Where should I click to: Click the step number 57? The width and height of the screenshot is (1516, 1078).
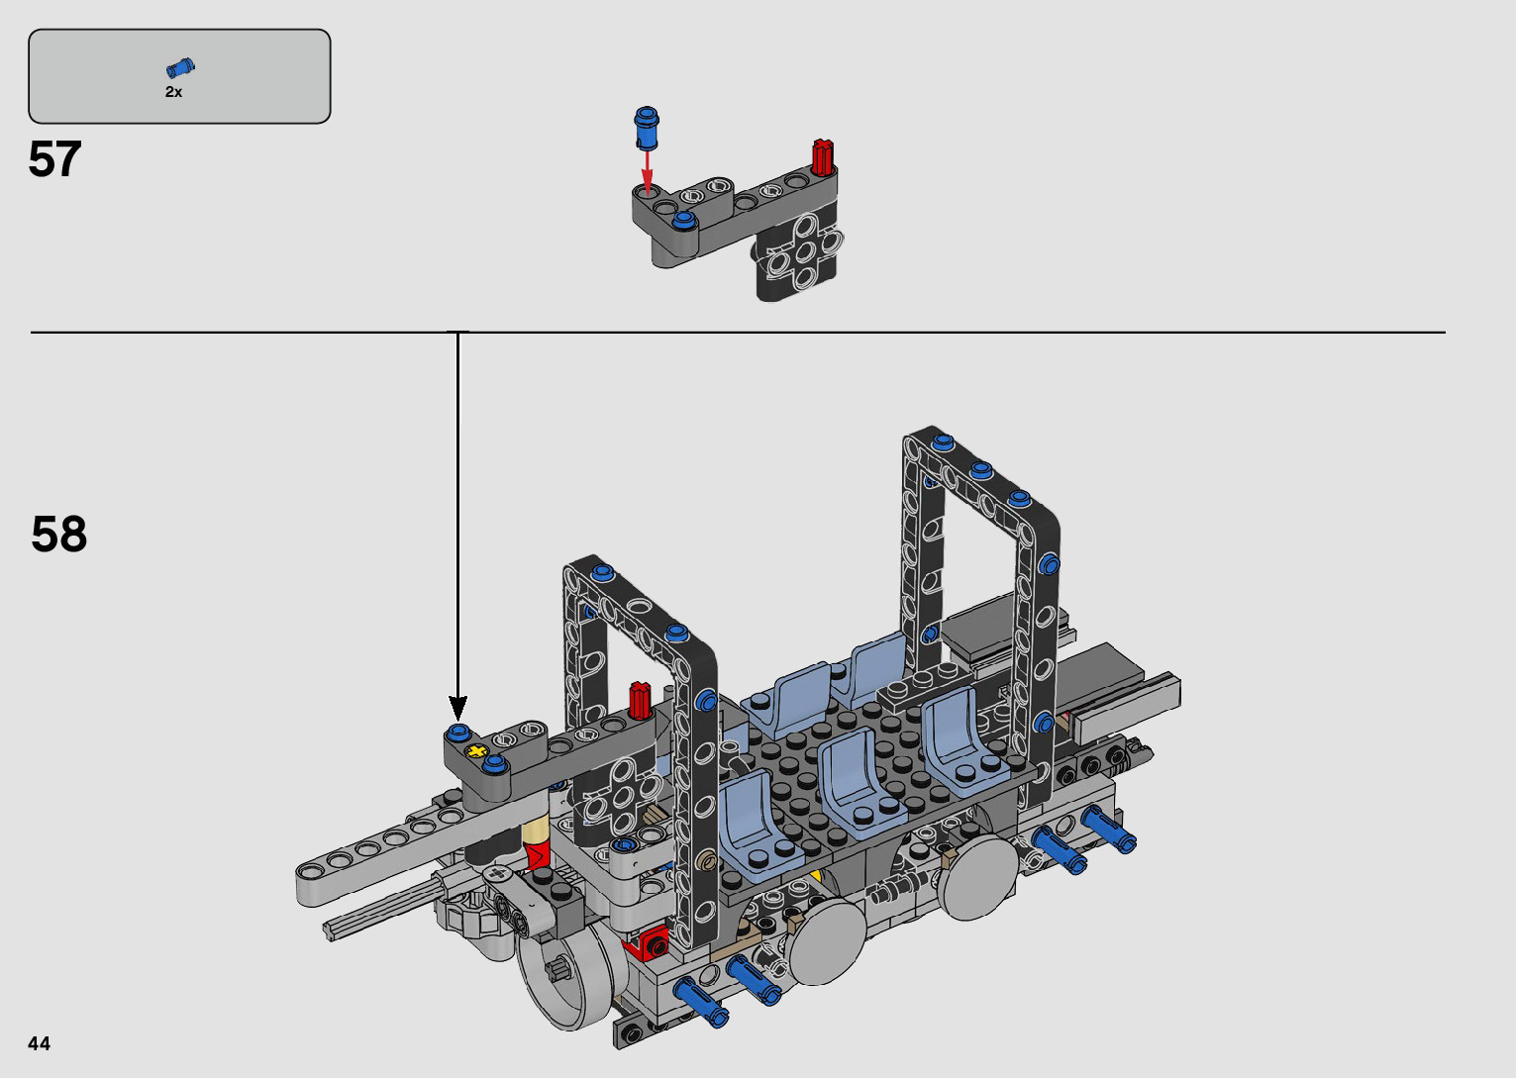coord(54,159)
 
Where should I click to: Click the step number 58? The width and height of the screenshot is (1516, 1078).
coord(58,534)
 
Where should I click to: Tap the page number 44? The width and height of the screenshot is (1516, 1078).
coord(40,1043)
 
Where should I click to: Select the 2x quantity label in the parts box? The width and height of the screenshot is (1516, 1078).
coord(173,92)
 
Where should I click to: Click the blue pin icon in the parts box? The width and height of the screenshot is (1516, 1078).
coord(180,67)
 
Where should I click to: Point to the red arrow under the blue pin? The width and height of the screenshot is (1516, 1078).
coord(648,172)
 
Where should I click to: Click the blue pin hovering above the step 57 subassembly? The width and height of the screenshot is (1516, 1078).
coord(647,128)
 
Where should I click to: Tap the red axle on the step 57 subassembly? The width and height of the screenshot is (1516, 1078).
coord(823,157)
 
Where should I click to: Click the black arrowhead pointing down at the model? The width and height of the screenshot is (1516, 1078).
coord(458,708)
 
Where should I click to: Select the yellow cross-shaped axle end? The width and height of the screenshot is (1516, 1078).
coord(478,751)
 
